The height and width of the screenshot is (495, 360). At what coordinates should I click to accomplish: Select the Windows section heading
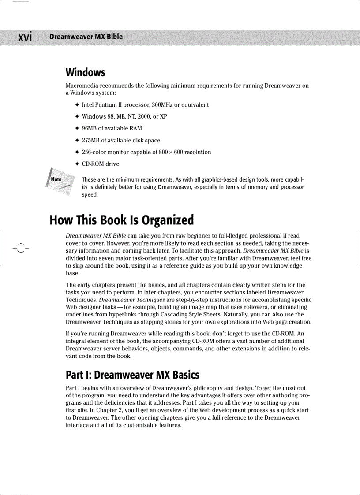point(85,72)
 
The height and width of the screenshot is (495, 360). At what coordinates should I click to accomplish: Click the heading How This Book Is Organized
point(121,220)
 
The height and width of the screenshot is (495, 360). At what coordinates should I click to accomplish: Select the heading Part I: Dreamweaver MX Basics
point(132,375)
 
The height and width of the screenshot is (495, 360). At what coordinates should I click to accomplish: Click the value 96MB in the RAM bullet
point(90,128)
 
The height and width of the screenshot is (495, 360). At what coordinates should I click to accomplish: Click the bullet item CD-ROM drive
point(101,164)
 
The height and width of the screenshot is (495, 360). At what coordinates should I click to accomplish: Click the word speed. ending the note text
point(90,194)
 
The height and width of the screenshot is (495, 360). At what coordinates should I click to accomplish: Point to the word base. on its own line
point(72,273)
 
